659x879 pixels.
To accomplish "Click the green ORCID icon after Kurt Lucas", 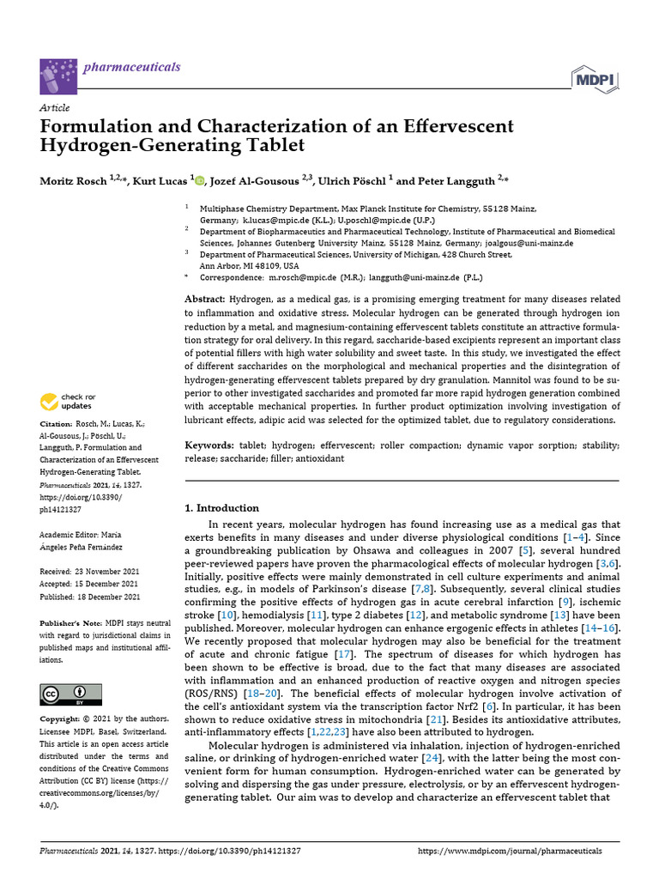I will (x=200, y=180).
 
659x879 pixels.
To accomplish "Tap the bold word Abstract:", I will (x=207, y=297).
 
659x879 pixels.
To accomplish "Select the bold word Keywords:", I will (x=209, y=446).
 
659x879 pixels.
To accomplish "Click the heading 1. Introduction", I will (x=222, y=508).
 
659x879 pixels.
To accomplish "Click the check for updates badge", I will (x=69, y=401).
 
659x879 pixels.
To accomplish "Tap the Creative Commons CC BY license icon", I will (x=70, y=694).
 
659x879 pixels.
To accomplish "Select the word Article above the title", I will (x=55, y=107).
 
